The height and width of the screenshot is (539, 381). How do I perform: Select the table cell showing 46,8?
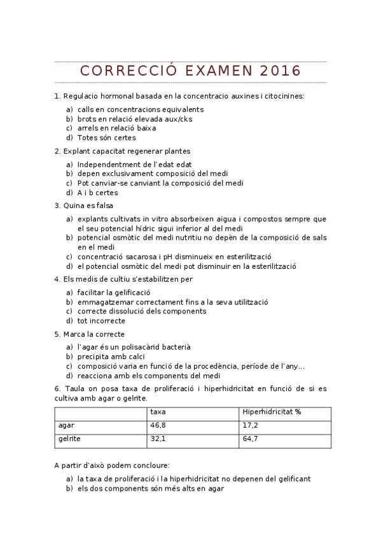158,425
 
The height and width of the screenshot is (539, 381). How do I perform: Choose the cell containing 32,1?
158,439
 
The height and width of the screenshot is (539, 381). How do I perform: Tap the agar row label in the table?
66,425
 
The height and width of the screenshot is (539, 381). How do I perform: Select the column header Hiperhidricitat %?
272,411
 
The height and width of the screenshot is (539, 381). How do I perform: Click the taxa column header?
158,411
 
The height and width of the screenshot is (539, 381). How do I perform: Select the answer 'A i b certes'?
98,193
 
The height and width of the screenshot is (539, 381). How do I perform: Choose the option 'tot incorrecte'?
101,321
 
